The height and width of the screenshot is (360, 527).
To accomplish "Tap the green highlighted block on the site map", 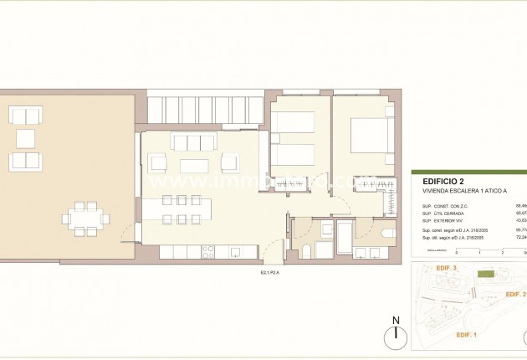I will (x=484, y=273).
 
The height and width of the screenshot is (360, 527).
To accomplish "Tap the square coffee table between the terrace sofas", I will (x=26, y=138).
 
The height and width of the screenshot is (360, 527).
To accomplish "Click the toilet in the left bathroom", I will (x=306, y=252).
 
